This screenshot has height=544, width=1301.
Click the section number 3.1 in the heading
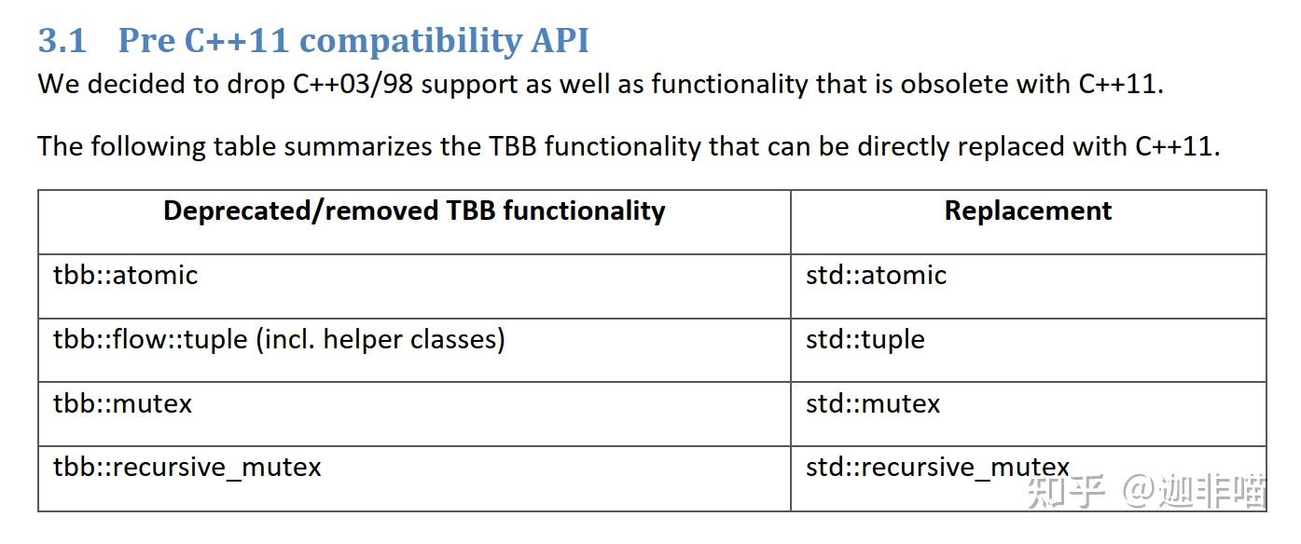click(x=62, y=40)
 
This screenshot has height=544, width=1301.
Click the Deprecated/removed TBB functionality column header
click(x=414, y=211)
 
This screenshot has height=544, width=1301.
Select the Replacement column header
click(x=1028, y=211)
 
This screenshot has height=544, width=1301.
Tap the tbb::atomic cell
click(x=126, y=276)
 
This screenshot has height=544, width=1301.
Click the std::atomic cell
click(x=876, y=276)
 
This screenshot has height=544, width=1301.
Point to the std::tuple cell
click(x=865, y=339)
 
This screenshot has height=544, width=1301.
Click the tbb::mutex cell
click(x=122, y=404)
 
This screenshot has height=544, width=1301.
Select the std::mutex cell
click(x=873, y=404)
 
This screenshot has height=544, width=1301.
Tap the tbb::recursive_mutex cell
click(x=187, y=467)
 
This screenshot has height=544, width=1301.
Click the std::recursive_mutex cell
click(x=937, y=467)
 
